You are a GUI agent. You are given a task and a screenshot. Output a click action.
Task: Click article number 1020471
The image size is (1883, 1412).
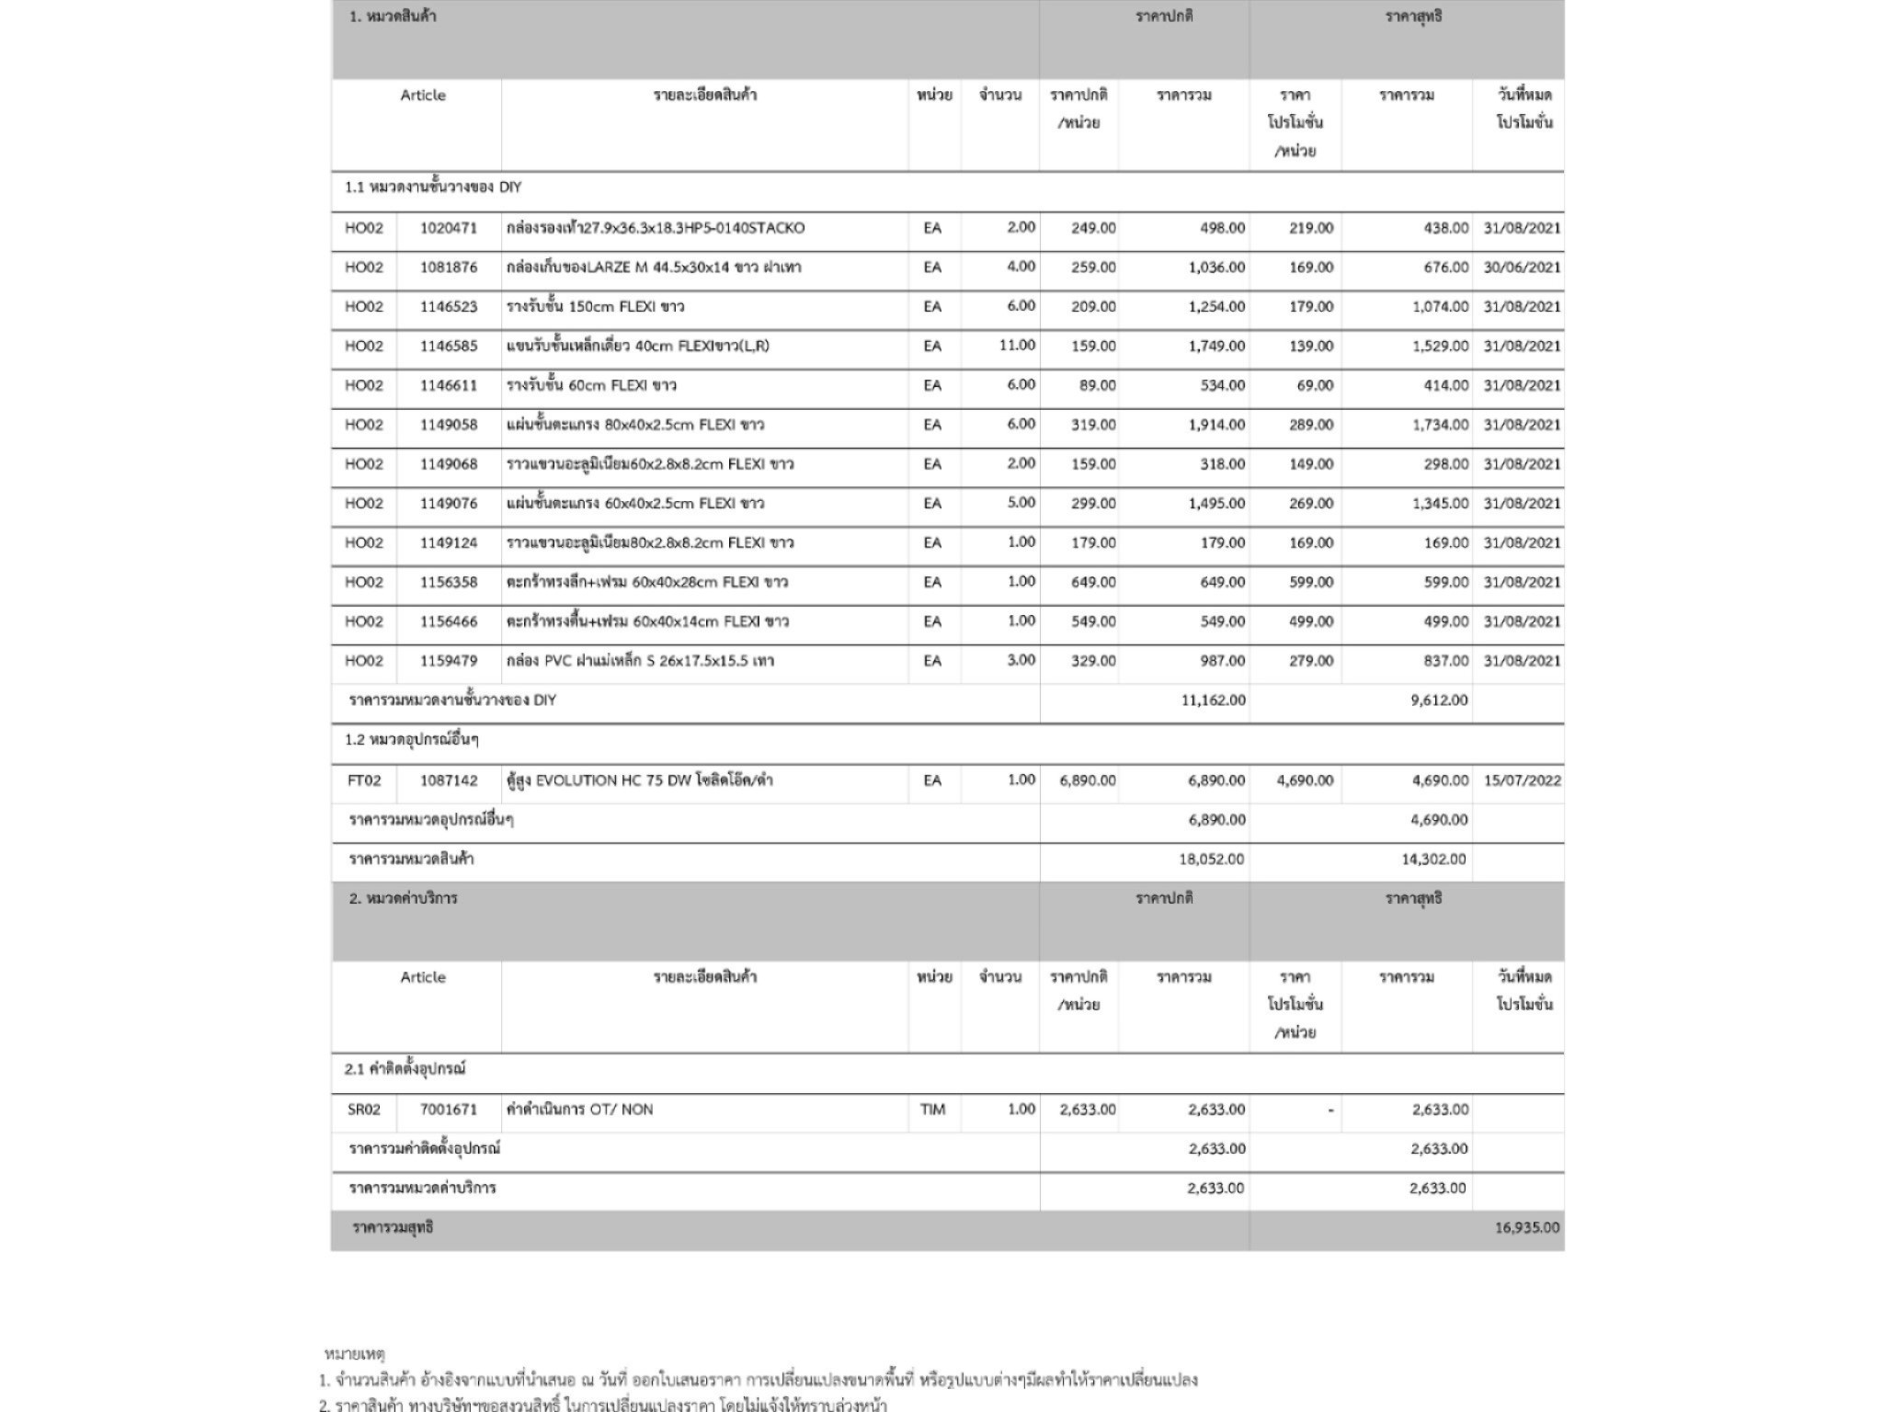click(449, 228)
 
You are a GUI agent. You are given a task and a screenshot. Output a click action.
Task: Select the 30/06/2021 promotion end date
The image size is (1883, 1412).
click(1522, 268)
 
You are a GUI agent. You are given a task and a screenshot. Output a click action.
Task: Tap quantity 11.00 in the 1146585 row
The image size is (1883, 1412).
click(1016, 346)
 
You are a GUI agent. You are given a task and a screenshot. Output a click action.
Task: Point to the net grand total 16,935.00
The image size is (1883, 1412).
click(1526, 1227)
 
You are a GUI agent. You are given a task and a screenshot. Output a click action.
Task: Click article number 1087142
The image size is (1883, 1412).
click(449, 780)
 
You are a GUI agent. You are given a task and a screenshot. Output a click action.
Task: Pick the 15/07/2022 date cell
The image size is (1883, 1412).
click(1522, 780)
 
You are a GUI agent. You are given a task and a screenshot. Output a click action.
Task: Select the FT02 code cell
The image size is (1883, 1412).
click(364, 780)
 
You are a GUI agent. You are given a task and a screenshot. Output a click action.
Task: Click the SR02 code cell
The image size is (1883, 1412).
click(364, 1110)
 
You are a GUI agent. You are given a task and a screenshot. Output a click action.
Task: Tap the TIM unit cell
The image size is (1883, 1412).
click(932, 1110)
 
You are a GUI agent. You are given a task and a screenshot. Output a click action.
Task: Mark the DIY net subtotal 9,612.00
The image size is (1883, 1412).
click(1439, 700)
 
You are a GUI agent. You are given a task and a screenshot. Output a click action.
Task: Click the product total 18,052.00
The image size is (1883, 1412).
click(1212, 860)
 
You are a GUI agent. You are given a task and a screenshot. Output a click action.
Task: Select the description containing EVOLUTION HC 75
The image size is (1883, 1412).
click(640, 780)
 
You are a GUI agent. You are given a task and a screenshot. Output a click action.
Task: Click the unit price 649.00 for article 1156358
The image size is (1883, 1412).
click(1093, 582)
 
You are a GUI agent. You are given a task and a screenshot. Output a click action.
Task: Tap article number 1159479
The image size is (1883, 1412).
click(449, 661)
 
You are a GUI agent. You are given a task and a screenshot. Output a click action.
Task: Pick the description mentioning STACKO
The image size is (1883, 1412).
click(656, 228)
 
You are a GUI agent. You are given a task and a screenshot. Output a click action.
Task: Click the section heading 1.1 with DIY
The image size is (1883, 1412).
click(433, 188)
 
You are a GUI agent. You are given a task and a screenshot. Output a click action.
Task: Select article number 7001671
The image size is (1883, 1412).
click(449, 1110)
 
